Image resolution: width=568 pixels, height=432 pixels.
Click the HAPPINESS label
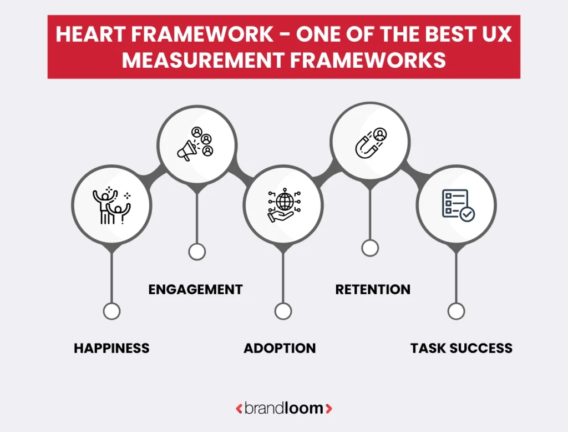coord(111,348)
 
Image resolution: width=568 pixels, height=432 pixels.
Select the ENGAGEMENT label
coord(195,289)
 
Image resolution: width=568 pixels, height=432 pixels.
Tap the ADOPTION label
coord(280,348)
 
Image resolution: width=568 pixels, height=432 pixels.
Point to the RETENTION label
coord(373,289)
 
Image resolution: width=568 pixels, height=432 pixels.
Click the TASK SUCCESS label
coord(461,348)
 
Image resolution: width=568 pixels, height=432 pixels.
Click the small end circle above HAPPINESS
coord(111,312)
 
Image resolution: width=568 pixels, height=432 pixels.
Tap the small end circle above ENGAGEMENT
coord(196,252)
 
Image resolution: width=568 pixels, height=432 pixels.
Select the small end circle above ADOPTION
coord(283,312)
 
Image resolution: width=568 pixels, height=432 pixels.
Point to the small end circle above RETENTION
coord(370,248)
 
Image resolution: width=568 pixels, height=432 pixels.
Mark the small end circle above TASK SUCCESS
coord(456,312)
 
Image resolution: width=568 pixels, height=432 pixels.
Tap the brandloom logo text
coord(283,409)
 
